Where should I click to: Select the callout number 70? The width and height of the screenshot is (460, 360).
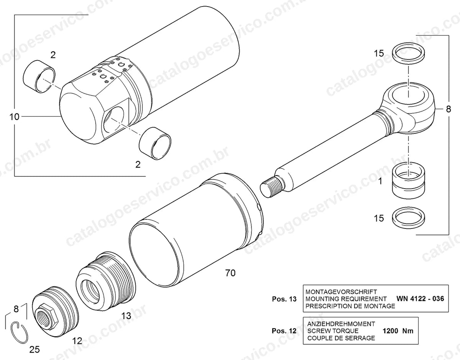[x=230, y=273]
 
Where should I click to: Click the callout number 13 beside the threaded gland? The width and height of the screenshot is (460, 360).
[x=127, y=316]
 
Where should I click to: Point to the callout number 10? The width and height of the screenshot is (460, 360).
[x=15, y=117]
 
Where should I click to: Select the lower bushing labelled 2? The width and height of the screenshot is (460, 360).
[x=155, y=143]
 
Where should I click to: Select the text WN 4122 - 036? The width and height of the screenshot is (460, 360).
[x=420, y=299]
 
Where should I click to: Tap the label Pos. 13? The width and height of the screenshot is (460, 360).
[x=284, y=299]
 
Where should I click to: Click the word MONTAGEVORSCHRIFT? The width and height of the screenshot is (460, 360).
[x=341, y=292]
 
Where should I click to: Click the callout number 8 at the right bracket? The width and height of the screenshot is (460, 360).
[x=449, y=109]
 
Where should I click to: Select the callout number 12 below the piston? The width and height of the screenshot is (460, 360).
[x=77, y=341]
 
